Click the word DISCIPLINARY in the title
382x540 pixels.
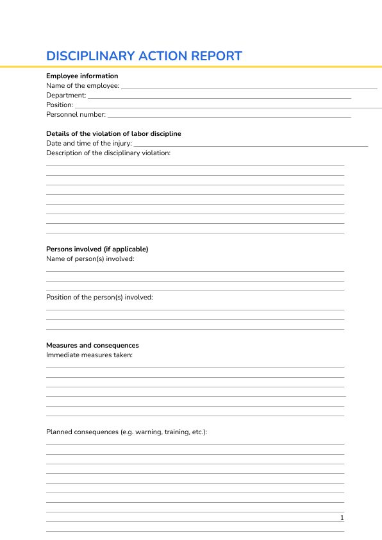(x=90, y=56)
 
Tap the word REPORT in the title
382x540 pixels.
(x=216, y=56)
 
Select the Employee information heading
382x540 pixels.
(x=82, y=76)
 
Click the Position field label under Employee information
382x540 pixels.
(x=60, y=105)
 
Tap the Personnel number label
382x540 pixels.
(x=76, y=114)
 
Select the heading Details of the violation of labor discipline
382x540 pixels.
(x=113, y=133)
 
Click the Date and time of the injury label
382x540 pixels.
(x=88, y=143)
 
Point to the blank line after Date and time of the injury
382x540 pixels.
(x=250, y=145)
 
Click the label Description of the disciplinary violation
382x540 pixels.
(x=108, y=153)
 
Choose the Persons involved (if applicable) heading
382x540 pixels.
(x=97, y=249)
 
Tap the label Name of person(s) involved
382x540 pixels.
(x=90, y=258)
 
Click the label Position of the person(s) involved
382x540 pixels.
(x=99, y=297)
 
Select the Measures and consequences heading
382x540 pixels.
(x=92, y=345)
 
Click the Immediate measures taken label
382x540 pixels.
(x=89, y=355)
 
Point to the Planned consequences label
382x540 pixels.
(x=126, y=432)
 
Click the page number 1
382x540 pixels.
(x=342, y=518)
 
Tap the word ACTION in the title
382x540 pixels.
(x=163, y=56)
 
